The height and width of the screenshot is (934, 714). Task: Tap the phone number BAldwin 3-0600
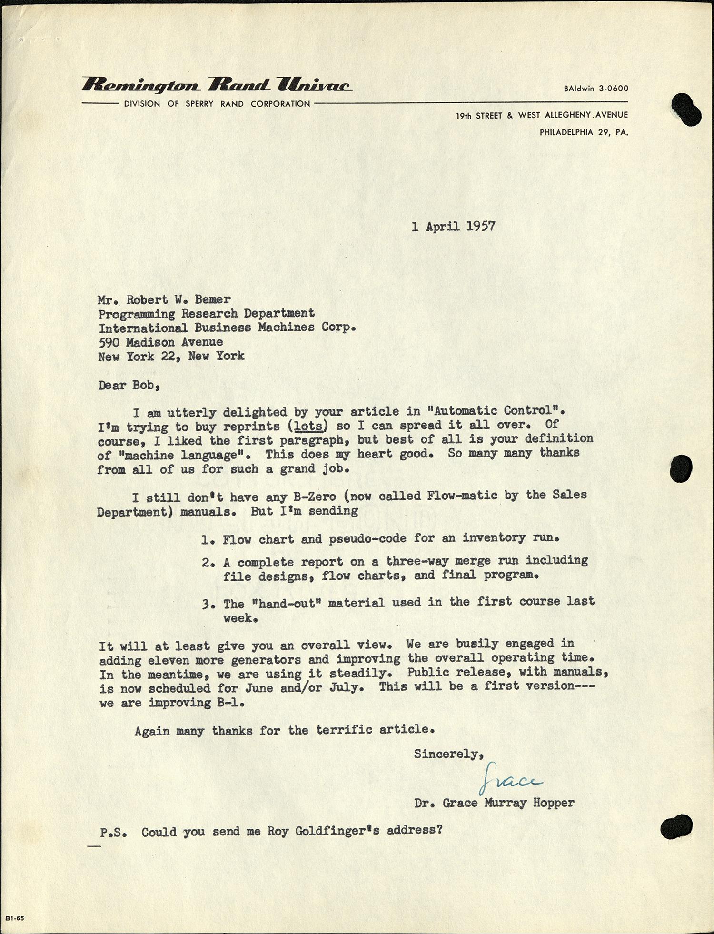click(596, 89)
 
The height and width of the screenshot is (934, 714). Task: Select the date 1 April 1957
click(453, 226)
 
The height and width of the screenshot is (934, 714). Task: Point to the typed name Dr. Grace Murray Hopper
click(494, 803)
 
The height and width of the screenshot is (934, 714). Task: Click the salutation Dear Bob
click(129, 385)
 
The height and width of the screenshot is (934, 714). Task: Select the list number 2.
click(207, 563)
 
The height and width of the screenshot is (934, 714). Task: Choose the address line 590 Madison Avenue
click(160, 342)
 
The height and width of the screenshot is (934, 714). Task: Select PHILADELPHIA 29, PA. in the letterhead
click(584, 132)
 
